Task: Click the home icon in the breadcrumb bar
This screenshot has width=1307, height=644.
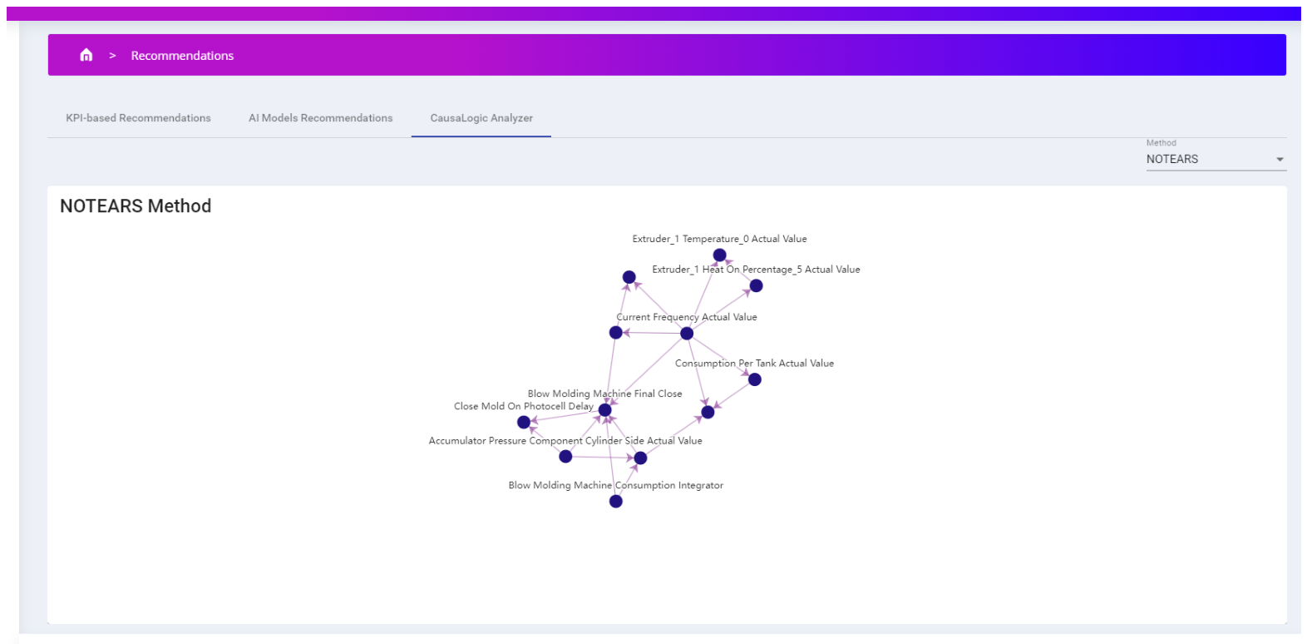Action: [86, 55]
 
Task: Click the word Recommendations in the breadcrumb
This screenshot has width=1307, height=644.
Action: [182, 56]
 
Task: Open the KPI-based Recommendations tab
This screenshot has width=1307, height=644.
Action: [138, 118]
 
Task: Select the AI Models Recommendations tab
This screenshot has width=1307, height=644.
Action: [320, 118]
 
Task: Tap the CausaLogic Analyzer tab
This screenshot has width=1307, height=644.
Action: [481, 118]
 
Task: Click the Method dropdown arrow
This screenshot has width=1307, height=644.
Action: [1280, 160]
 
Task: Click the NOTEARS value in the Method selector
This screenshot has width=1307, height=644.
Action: [1172, 160]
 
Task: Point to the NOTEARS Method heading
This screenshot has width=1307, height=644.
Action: [136, 206]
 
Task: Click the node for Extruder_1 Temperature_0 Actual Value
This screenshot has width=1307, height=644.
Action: [719, 255]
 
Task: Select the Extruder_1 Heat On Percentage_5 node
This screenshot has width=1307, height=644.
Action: [757, 285]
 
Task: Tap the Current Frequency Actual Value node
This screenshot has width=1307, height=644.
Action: [687, 334]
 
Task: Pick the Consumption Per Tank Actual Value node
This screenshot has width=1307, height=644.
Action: [754, 379]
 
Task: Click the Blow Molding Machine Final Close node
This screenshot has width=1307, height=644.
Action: [605, 410]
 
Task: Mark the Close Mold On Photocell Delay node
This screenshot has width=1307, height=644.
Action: [524, 422]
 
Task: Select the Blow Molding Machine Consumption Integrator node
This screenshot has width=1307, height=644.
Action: [615, 502]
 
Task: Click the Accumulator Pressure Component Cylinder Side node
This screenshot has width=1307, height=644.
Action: [565, 457]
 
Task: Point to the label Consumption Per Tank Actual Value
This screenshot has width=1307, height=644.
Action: [754, 363]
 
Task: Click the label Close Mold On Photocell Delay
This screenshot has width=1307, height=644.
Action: [524, 406]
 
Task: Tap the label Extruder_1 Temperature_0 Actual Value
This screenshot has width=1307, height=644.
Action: [719, 239]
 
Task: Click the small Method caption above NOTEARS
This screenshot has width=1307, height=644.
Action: [1162, 143]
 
